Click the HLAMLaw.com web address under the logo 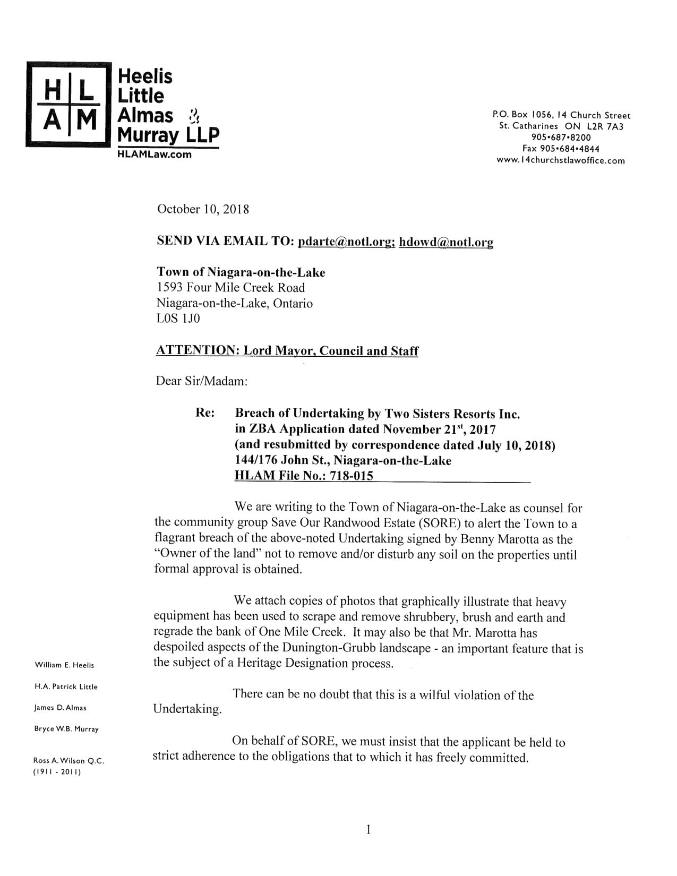click(154, 154)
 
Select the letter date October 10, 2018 click(203, 209)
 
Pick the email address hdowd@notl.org click(446, 242)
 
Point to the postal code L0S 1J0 click(178, 319)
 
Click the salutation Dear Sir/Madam click(201, 381)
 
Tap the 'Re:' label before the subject click(205, 413)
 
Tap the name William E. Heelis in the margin click(64, 665)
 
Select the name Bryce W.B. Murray click(66, 729)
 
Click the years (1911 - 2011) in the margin click(57, 772)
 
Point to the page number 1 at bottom click(368, 829)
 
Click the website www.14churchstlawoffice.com click(560, 160)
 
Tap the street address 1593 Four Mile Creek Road click(230, 288)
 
